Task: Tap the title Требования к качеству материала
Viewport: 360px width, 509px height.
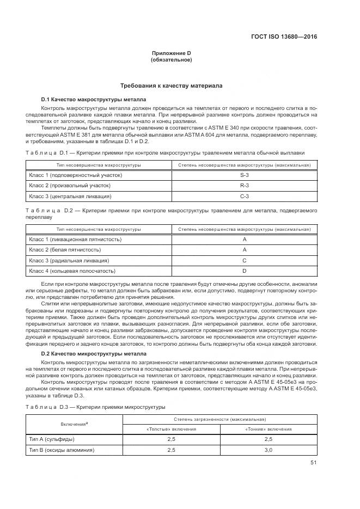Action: point(171,86)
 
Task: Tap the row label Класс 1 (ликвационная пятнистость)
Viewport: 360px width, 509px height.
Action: point(75,240)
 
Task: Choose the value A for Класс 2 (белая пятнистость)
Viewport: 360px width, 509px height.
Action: point(244,250)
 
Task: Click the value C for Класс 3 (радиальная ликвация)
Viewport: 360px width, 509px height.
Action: point(244,260)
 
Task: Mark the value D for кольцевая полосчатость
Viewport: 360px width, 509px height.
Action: point(244,271)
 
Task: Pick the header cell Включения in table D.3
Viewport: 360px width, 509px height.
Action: point(74,424)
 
